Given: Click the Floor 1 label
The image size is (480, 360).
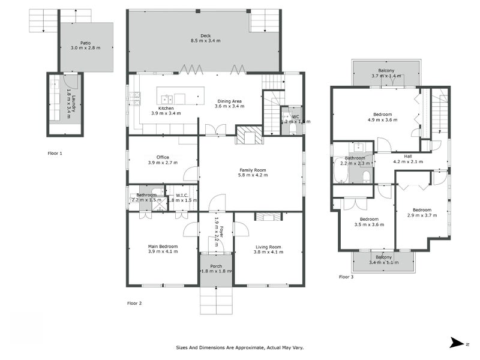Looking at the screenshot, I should [x=55, y=154].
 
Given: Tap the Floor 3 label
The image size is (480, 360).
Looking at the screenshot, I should [x=347, y=277].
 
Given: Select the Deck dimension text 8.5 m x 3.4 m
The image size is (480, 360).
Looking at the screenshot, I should [x=206, y=41].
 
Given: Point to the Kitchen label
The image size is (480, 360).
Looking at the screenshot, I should [x=166, y=108].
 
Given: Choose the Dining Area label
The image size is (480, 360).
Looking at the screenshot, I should [x=230, y=101].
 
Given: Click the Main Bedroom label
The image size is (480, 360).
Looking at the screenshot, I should [x=162, y=246].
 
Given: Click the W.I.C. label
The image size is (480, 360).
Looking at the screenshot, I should [x=183, y=195].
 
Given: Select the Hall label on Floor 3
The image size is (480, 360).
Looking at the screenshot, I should [x=407, y=156].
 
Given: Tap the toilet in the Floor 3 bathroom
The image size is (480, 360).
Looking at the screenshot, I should [x=365, y=176].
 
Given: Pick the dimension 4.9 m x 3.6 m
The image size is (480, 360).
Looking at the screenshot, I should [x=382, y=119].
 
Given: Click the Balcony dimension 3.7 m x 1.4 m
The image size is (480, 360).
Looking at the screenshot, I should [x=386, y=76].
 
